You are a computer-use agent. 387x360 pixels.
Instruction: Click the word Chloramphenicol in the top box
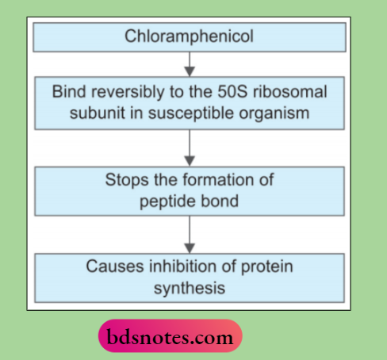pyautogui.click(x=189, y=36)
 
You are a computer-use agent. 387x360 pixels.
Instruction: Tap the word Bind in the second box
pyautogui.click(x=68, y=91)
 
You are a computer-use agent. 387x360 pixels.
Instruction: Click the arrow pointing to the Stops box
pyautogui.click(x=189, y=146)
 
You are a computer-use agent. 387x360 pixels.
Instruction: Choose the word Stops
pyautogui.click(x=126, y=180)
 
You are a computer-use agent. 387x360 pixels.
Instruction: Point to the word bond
pyautogui.click(x=220, y=201)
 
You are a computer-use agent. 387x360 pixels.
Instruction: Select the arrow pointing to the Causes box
pyautogui.click(x=189, y=235)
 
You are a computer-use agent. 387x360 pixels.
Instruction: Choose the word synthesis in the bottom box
pyautogui.click(x=189, y=288)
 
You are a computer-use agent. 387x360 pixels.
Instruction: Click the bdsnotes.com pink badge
pyautogui.click(x=170, y=337)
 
